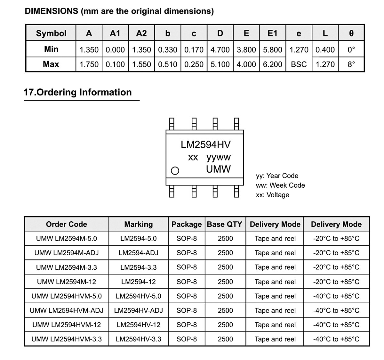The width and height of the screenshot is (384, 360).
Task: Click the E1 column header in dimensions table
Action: click(272, 33)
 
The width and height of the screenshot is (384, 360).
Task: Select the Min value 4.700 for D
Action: click(220, 50)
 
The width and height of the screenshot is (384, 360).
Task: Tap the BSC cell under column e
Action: click(299, 64)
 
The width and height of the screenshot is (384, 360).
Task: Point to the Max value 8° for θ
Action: click(351, 64)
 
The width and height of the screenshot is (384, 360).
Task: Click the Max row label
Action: click(51, 64)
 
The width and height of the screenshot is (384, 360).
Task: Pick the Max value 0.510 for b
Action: click(168, 64)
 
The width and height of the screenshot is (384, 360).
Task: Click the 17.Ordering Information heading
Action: click(77, 92)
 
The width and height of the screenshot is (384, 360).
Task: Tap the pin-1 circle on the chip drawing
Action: click(175, 170)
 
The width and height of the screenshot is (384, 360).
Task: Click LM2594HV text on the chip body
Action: click(205, 144)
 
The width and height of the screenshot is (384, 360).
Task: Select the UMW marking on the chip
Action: click(218, 169)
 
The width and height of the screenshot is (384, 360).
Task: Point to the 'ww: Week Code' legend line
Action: click(280, 185)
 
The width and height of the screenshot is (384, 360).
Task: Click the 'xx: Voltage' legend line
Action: click(272, 195)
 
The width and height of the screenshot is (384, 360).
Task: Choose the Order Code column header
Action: click(67, 224)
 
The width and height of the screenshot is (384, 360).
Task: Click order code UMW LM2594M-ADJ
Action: click(67, 253)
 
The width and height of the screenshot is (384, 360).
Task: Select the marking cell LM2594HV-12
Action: click(139, 324)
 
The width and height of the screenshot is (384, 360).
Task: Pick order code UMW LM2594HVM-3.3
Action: click(67, 339)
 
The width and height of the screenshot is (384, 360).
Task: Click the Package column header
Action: click(187, 224)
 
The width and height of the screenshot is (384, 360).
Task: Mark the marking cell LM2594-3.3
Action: click(139, 267)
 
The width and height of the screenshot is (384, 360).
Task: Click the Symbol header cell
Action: click(51, 33)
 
